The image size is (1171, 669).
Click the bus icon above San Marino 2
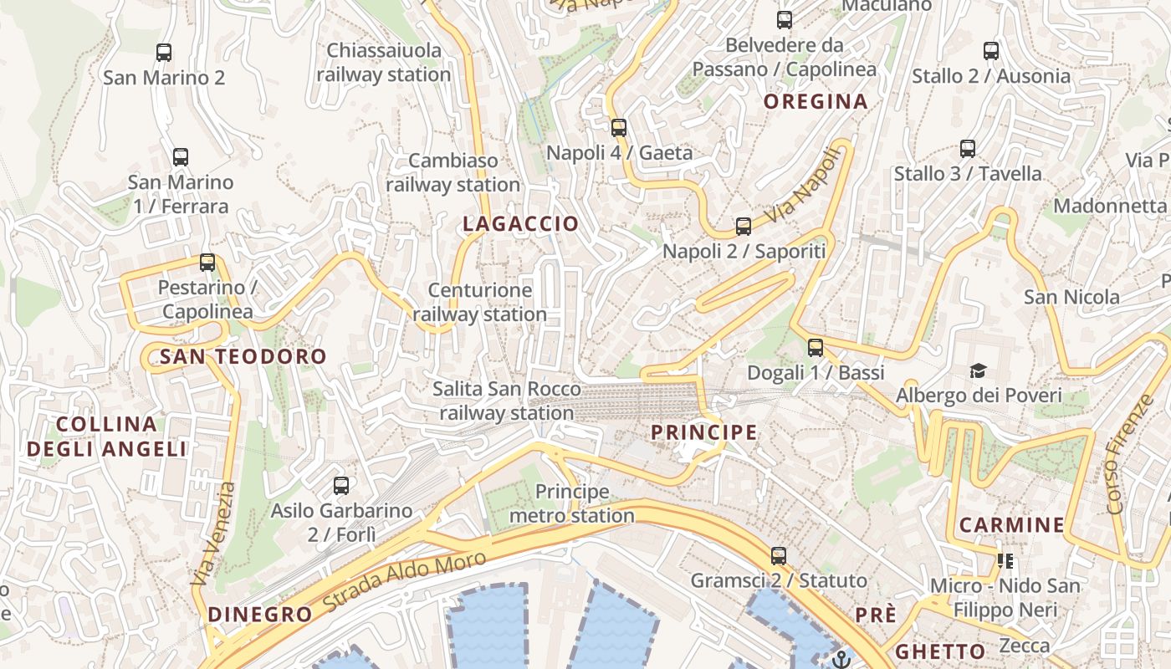pyautogui.click(x=164, y=53)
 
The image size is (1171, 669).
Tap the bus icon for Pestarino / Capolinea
pyautogui.click(x=207, y=263)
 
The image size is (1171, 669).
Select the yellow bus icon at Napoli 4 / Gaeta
pyautogui.click(x=619, y=128)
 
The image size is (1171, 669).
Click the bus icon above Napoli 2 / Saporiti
pyautogui.click(x=744, y=227)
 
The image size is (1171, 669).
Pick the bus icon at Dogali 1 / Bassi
pyautogui.click(x=816, y=348)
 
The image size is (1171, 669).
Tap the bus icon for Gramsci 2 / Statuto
pyautogui.click(x=779, y=556)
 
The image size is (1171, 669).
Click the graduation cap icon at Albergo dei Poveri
pyautogui.click(x=977, y=370)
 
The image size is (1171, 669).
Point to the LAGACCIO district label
pyautogui.click(x=520, y=223)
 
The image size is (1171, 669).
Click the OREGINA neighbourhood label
pyautogui.click(x=816, y=102)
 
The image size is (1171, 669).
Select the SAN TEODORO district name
pyautogui.click(x=243, y=357)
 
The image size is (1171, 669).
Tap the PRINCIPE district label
pyautogui.click(x=704, y=432)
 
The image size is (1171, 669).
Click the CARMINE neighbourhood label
pyautogui.click(x=1011, y=525)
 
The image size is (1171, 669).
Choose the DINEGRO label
pyautogui.click(x=259, y=614)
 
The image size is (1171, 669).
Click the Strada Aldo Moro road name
pyautogui.click(x=404, y=582)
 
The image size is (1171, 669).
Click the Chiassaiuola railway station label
pyautogui.click(x=384, y=63)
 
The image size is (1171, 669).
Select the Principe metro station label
pyautogui.click(x=572, y=503)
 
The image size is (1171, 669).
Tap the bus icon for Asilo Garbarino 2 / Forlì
pyautogui.click(x=341, y=486)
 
